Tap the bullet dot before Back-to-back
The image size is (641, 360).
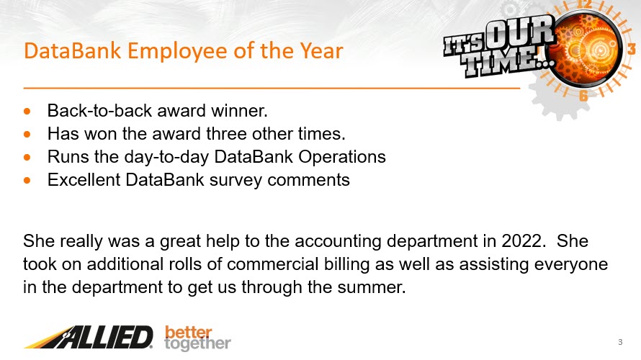(27, 111)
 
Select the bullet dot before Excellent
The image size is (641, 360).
(27, 180)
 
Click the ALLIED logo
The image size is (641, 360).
(89, 337)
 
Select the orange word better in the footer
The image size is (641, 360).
(189, 332)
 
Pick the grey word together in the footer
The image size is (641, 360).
(197, 344)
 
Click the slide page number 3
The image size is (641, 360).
(620, 342)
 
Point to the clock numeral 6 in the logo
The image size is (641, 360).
(583, 96)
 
